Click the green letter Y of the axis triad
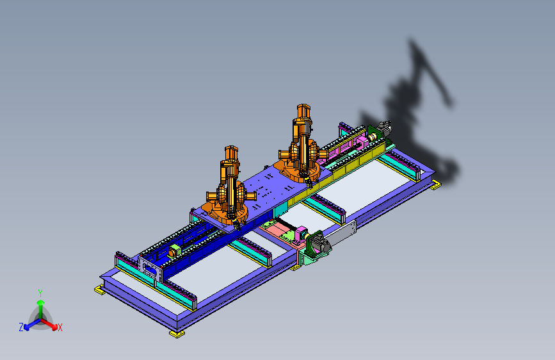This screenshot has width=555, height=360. [x=40, y=293]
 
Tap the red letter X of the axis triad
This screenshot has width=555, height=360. [x=60, y=327]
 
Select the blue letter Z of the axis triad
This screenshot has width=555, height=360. [x=21, y=327]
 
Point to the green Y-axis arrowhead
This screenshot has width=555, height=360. [x=41, y=302]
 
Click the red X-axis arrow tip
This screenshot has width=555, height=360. [x=54, y=327]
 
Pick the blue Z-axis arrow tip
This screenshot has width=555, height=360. [x=27, y=328]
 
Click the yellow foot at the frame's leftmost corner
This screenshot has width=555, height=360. [x=99, y=290]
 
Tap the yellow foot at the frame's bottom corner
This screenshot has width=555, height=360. [x=177, y=334]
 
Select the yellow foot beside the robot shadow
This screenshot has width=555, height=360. [x=436, y=184]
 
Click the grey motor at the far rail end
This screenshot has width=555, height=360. [x=384, y=127]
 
